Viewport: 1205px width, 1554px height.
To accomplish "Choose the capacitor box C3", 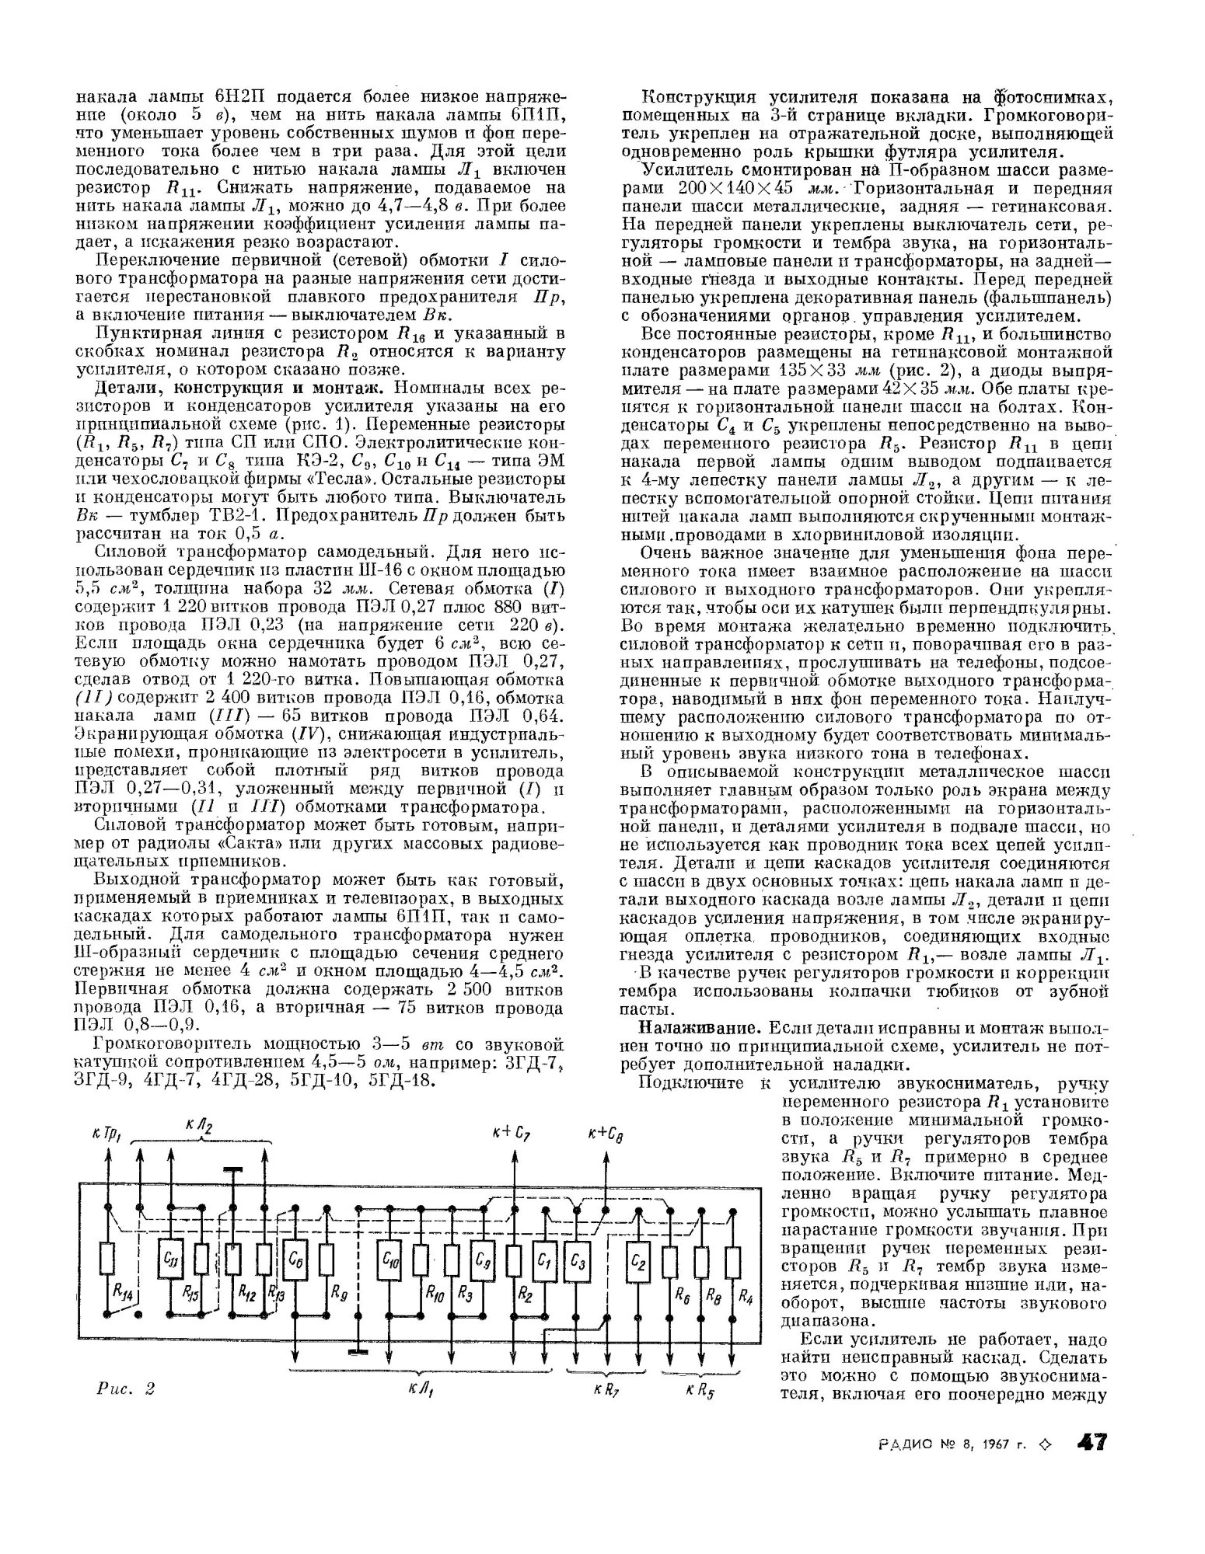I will coord(577,1260).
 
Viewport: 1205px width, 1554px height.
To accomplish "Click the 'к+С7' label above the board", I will coord(511,1134).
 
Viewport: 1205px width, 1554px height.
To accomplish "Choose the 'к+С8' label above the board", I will coord(604,1135).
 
